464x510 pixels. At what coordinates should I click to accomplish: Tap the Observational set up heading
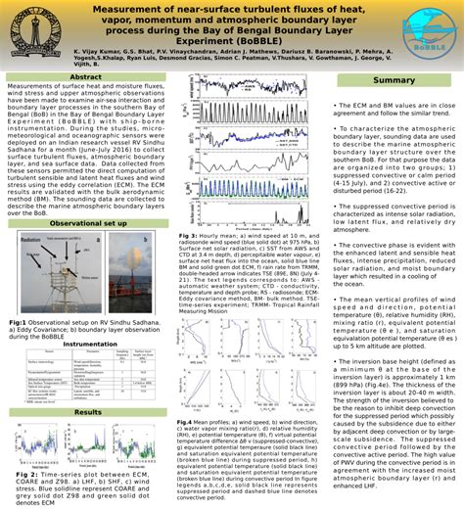pos(89,224)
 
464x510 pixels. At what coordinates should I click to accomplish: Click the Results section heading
pos(88,413)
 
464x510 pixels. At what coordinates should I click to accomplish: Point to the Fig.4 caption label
pos(186,421)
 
